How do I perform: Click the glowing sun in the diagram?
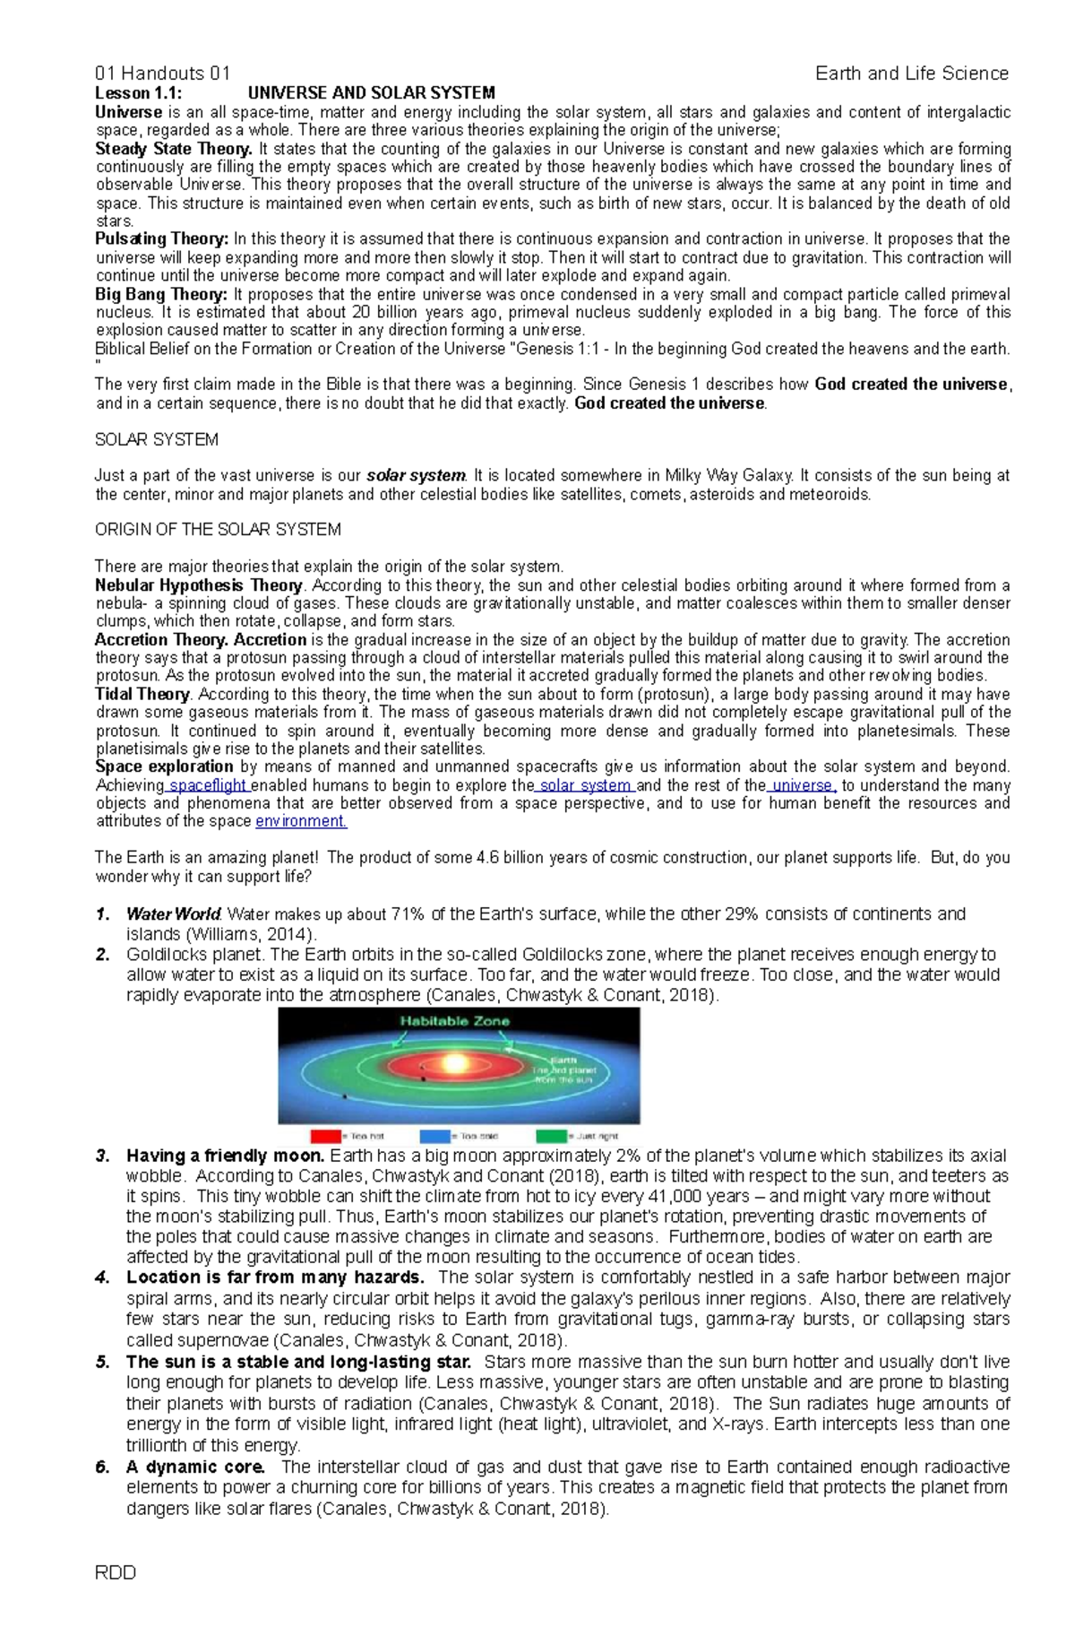[x=454, y=1063]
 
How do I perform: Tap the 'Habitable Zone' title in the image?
[x=454, y=1020]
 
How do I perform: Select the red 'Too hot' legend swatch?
[x=325, y=1136]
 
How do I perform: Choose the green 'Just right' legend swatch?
[x=552, y=1136]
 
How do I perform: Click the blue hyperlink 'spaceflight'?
[x=208, y=785]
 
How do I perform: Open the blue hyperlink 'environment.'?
[x=301, y=821]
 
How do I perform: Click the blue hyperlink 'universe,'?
[x=804, y=785]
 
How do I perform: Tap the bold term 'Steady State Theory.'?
[x=174, y=149]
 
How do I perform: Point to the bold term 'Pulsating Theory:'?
[x=162, y=239]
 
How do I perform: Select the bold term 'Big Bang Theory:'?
[x=162, y=294]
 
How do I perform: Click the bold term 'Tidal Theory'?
[x=142, y=694]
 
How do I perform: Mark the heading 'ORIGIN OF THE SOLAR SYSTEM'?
[x=218, y=530]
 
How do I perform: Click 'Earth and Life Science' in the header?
[x=911, y=74]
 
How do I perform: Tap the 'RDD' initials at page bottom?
[x=116, y=1597]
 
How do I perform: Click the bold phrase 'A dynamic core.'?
[x=195, y=1468]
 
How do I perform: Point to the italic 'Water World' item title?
[x=173, y=914]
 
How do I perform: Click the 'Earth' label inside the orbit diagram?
[x=570, y=1061]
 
